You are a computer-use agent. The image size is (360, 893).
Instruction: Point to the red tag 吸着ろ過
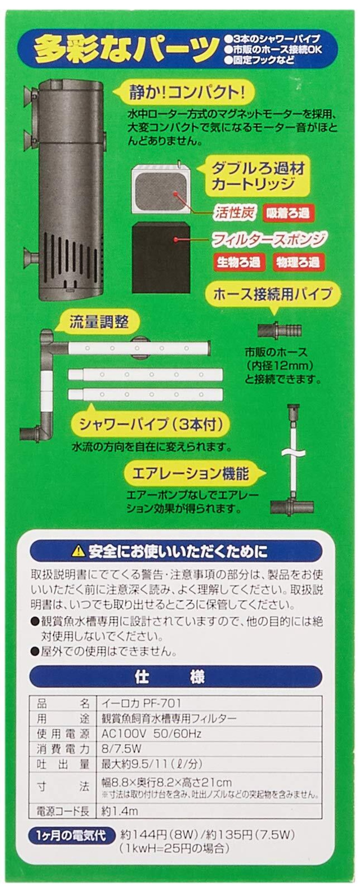pos(289,213)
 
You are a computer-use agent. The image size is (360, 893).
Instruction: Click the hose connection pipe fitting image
pos(279,330)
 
